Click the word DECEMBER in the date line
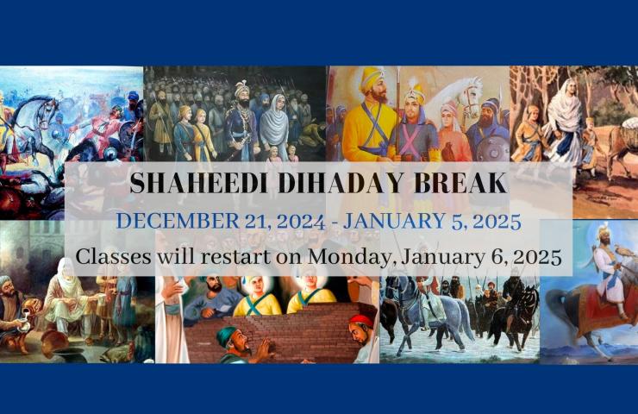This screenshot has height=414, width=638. [178, 221]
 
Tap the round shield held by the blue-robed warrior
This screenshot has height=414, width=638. [492, 150]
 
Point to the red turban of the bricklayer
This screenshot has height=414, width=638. [361, 321]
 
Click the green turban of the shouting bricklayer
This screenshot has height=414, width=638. [226, 335]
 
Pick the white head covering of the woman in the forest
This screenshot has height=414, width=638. [566, 102]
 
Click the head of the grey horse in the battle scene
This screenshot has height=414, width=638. [46, 107]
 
